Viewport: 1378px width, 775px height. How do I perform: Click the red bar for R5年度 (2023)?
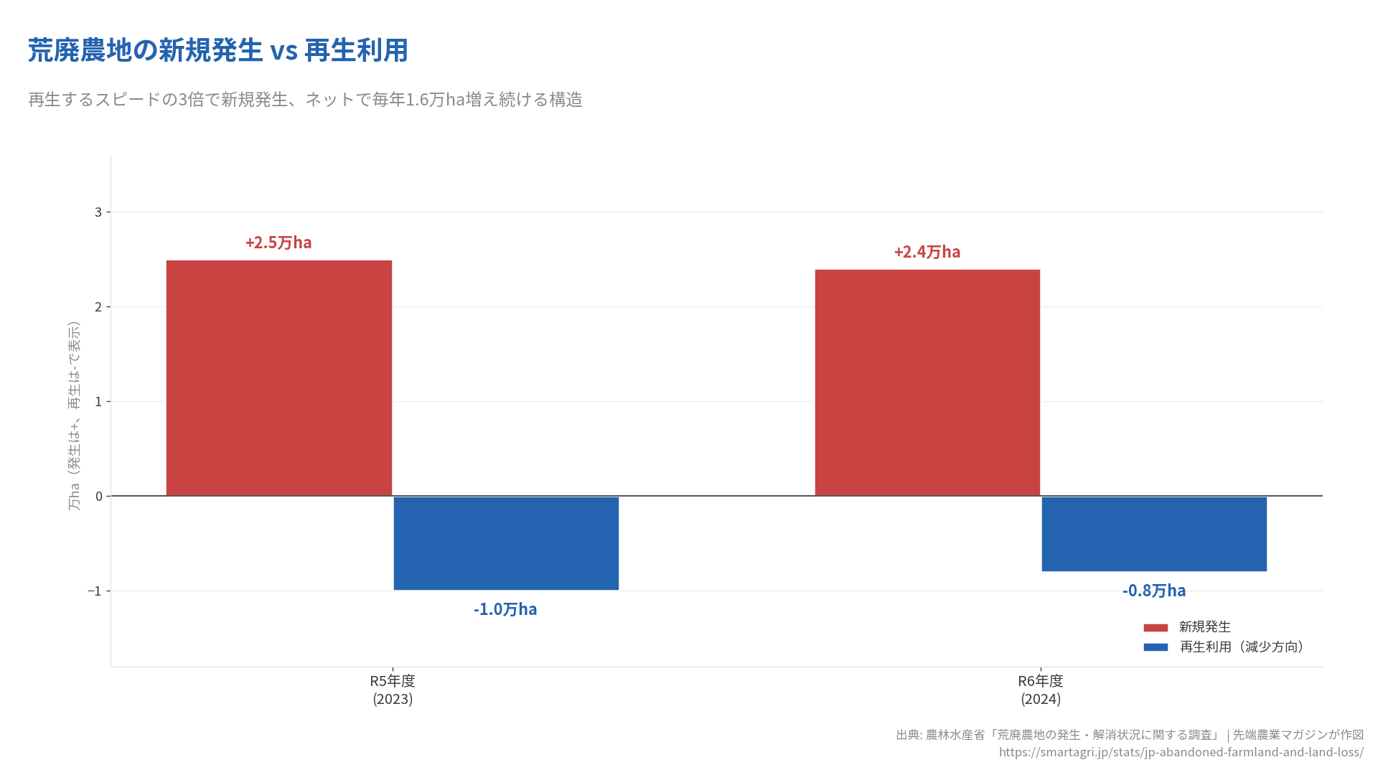[x=278, y=378]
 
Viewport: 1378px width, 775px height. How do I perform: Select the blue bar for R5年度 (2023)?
[x=506, y=543]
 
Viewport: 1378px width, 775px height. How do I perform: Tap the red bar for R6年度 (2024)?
[x=927, y=382]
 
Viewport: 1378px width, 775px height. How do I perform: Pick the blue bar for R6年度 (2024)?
[x=1154, y=534]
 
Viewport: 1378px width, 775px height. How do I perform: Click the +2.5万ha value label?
[x=278, y=243]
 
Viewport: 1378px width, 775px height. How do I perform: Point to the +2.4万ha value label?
[x=927, y=252]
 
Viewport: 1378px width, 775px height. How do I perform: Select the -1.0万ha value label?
[x=505, y=609]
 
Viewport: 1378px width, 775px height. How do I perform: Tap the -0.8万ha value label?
[x=1154, y=591]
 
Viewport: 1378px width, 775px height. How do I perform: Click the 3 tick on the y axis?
[x=99, y=212]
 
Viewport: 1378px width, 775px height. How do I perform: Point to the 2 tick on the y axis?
[x=99, y=307]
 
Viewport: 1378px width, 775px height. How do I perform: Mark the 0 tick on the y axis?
[x=99, y=497]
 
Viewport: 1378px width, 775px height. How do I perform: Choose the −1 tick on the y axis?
[x=95, y=591]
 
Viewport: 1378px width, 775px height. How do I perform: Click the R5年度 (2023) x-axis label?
[x=393, y=690]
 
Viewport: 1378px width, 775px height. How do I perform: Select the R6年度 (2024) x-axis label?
[x=1041, y=690]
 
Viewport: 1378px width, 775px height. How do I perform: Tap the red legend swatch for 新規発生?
[x=1156, y=628]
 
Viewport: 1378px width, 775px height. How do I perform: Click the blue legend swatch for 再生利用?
[x=1156, y=647]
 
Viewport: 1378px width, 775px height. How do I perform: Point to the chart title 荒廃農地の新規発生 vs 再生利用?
[x=218, y=51]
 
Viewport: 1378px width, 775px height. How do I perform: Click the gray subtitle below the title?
[x=305, y=100]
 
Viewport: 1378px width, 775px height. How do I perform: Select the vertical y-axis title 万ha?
[x=74, y=416]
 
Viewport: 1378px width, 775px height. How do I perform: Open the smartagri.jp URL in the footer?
[x=1181, y=752]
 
